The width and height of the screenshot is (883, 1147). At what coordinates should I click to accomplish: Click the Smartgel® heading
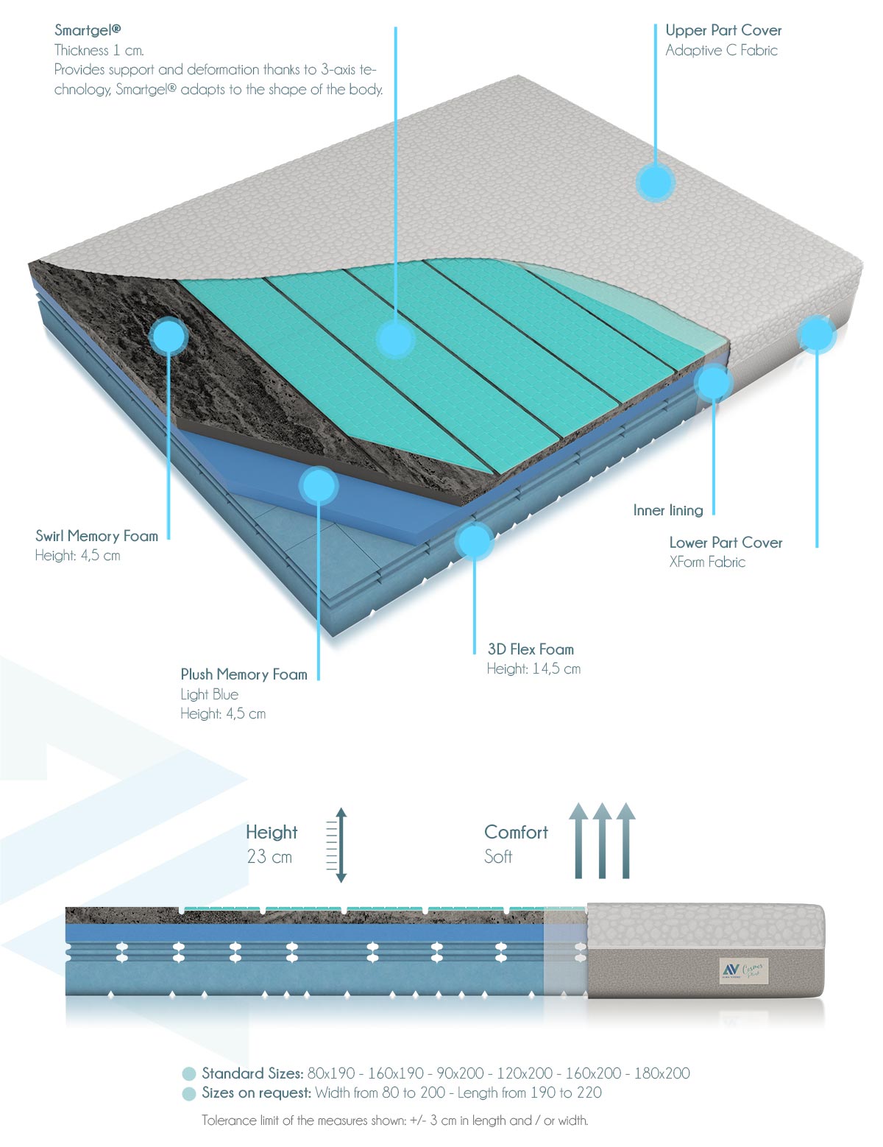click(88, 30)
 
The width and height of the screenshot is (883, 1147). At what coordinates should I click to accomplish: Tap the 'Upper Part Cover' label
click(723, 30)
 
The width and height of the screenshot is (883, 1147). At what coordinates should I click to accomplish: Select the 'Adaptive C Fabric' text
click(721, 50)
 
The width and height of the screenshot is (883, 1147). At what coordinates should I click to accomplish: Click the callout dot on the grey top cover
click(655, 183)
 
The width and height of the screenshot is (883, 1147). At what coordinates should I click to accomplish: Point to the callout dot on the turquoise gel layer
click(396, 339)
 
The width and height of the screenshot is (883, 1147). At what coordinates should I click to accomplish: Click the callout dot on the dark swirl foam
click(169, 336)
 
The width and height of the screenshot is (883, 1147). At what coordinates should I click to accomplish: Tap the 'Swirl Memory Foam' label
click(96, 536)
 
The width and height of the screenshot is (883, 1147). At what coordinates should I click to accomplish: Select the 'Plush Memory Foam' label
click(244, 674)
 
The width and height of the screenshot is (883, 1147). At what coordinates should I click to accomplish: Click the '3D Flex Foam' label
click(531, 649)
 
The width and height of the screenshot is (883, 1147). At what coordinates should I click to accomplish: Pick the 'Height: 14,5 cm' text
click(533, 668)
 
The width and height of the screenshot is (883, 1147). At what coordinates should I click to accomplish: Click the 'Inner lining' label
click(668, 510)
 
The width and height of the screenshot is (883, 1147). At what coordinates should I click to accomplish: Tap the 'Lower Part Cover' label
click(726, 542)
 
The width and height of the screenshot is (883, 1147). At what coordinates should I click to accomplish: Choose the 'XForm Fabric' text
click(707, 562)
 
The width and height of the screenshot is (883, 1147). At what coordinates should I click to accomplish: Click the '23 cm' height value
click(269, 856)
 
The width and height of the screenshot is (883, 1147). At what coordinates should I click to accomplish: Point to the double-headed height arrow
click(341, 845)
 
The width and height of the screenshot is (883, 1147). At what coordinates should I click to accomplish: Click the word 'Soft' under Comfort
click(498, 856)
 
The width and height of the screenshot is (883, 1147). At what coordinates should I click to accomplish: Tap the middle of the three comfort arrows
click(602, 841)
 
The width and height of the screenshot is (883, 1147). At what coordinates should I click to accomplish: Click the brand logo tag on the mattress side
click(744, 970)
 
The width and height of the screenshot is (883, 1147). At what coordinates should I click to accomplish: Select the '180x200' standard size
click(662, 1073)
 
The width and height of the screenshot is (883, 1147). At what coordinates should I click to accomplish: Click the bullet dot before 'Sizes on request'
click(188, 1094)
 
